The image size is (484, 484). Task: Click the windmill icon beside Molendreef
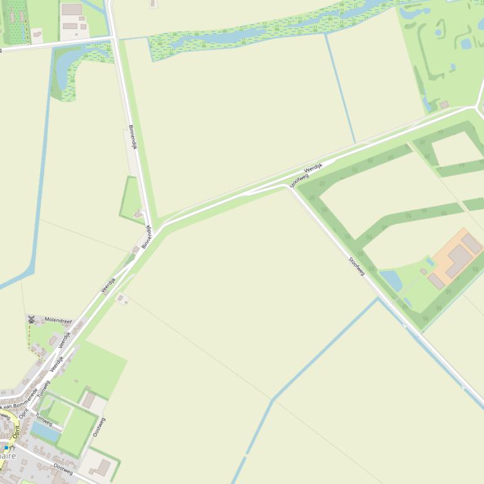[31, 319]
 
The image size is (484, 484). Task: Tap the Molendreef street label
[58, 320]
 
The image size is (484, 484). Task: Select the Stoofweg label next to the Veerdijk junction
[299, 180]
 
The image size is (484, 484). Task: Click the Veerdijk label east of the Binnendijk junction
[313, 168]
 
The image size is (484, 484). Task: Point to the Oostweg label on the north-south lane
[99, 427]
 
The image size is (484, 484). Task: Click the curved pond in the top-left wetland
[63, 69]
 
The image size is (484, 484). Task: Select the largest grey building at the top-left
[72, 9]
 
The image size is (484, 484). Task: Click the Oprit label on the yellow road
[24, 414]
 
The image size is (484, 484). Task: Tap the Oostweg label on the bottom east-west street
[63, 469]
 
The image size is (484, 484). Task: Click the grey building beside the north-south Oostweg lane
[89, 400]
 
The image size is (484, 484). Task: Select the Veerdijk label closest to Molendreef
[65, 339]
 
